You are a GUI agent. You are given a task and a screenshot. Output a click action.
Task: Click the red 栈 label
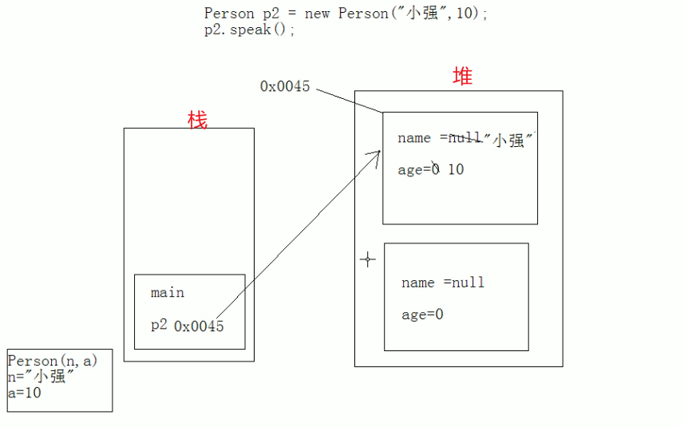tap(197, 121)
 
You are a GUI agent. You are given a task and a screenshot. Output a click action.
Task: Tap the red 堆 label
tap(462, 77)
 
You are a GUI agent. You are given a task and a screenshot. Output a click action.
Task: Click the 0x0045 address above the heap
tap(285, 86)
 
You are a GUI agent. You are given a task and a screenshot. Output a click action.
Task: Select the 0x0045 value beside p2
tap(199, 326)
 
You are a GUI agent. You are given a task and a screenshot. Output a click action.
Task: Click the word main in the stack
tap(168, 293)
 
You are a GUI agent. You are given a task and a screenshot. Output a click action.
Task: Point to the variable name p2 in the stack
tap(159, 325)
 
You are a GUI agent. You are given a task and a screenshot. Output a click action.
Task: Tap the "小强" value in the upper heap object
tap(508, 140)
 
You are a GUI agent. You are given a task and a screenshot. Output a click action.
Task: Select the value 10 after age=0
tap(455, 169)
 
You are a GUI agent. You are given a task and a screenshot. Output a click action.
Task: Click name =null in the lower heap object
tap(443, 283)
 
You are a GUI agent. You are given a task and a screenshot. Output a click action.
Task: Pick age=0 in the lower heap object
tap(422, 314)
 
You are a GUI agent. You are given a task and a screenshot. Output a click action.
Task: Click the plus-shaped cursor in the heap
tap(367, 259)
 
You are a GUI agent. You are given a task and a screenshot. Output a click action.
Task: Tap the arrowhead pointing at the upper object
tap(374, 155)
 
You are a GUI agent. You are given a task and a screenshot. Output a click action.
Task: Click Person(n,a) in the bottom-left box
tap(53, 361)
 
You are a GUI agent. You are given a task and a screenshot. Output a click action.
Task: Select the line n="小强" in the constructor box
tap(42, 377)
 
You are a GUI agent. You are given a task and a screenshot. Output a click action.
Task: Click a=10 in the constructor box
tap(25, 393)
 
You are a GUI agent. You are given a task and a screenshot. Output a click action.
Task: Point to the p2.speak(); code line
tap(250, 30)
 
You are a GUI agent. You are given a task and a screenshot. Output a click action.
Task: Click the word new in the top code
tap(318, 14)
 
